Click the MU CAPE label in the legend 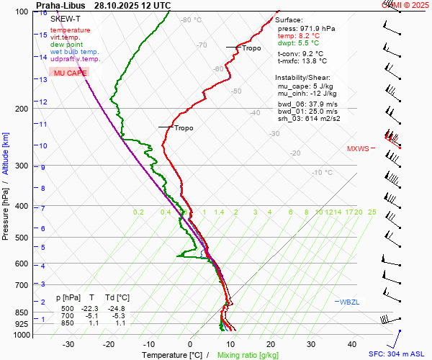[70, 73]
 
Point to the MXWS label [358, 149]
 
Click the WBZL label [349, 302]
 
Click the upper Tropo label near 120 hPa [252, 48]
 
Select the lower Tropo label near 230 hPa [184, 128]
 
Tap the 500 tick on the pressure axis [24, 238]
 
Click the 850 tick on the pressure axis [24, 312]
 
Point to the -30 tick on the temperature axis [68, 344]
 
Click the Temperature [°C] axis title [172, 355]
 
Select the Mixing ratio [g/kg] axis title [248, 355]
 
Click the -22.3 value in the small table [91, 308]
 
